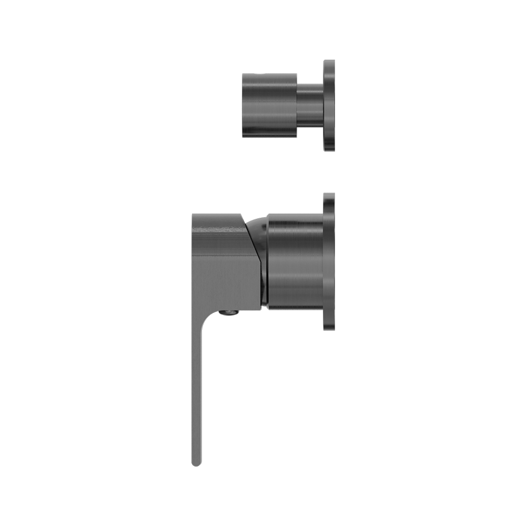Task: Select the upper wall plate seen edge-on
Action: coord(329,105)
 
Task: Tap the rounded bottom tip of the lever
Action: coord(197,463)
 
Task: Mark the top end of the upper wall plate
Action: coord(329,63)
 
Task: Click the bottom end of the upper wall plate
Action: coord(329,149)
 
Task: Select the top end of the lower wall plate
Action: coord(329,196)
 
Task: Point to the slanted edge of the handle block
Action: coord(253,252)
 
